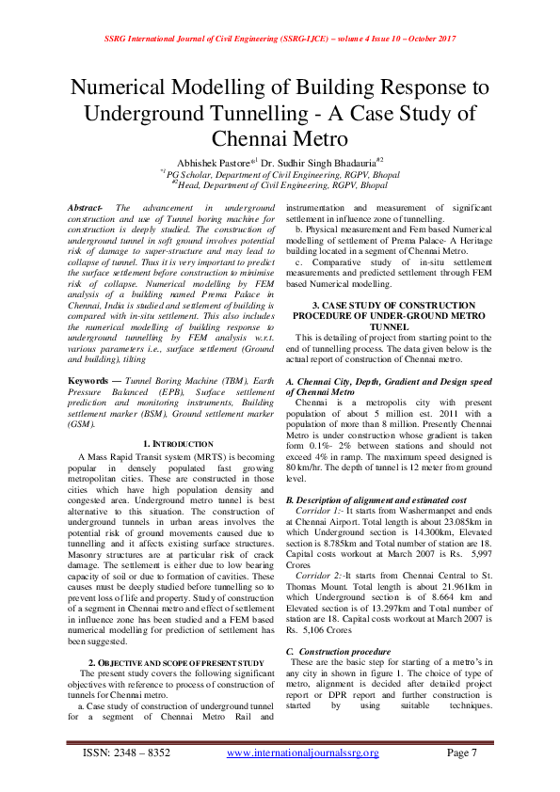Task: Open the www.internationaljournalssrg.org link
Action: point(302,778)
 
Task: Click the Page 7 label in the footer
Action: point(461,778)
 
